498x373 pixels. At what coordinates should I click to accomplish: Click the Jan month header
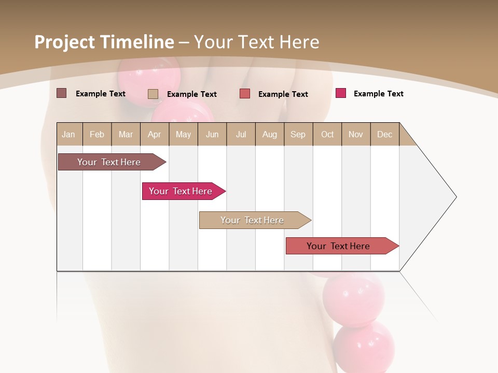[68, 134]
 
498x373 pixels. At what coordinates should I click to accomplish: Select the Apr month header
[154, 134]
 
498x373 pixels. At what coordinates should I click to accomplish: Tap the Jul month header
[241, 134]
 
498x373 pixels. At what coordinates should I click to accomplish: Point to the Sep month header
[298, 134]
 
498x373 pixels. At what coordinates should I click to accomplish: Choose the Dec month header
[384, 134]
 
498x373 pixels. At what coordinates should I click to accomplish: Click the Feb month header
[97, 134]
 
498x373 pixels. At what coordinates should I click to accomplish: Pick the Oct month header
[327, 134]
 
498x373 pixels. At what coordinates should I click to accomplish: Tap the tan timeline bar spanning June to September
[253, 220]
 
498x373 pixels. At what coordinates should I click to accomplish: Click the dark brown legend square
[61, 93]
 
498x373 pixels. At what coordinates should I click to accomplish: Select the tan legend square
[153, 94]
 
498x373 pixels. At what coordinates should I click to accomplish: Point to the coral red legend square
[245, 93]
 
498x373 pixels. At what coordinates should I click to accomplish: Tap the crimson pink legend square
[340, 93]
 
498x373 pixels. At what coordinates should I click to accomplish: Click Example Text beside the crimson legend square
[378, 94]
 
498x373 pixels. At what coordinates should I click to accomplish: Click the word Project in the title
[64, 42]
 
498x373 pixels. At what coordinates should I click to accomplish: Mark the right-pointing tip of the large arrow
[455, 197]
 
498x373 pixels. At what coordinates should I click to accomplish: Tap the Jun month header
[212, 134]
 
